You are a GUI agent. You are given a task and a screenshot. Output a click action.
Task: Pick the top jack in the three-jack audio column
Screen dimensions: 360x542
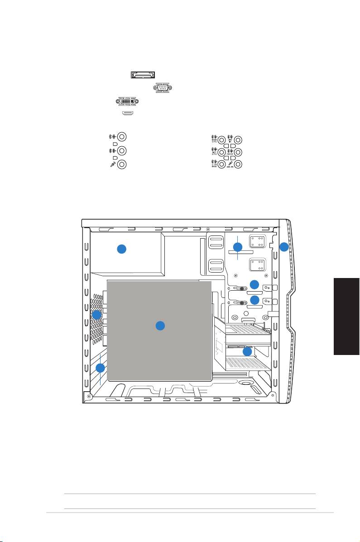pos(122,136)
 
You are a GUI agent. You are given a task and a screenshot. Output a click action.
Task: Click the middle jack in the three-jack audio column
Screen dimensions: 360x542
pos(122,150)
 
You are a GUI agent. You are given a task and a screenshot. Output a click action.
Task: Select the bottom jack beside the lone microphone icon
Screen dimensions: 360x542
pos(122,165)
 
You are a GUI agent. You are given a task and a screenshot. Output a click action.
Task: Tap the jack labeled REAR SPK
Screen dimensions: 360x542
pos(221,139)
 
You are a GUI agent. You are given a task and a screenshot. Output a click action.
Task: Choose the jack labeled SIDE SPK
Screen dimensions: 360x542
pos(221,153)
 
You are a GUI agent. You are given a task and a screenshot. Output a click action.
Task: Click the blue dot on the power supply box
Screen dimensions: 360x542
pos(121,249)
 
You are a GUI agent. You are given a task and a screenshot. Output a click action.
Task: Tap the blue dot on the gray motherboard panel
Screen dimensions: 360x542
pos(159,326)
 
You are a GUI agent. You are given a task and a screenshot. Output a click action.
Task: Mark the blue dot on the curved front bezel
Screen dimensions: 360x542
pos(283,247)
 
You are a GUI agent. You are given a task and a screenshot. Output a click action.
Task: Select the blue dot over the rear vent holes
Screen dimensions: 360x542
pos(96,314)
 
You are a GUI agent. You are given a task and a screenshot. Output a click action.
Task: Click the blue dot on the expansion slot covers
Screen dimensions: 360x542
pos(101,368)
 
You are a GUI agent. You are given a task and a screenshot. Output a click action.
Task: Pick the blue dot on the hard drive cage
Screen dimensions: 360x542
pos(247,351)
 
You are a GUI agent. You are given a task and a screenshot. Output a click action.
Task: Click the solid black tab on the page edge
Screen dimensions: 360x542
pos(346,317)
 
